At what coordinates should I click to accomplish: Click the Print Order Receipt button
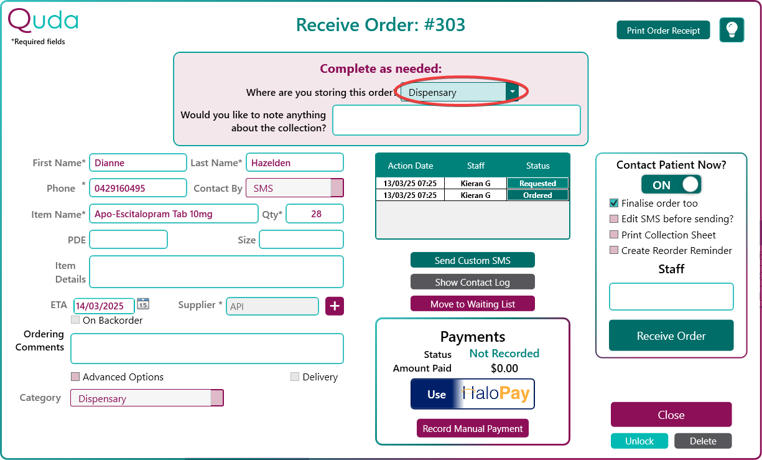pos(663,31)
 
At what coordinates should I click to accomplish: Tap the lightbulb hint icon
pos(732,30)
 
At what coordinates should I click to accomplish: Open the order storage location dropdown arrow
pos(512,92)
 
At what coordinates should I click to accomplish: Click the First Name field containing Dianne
pos(137,162)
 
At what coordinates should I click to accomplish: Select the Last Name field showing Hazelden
pos(295,162)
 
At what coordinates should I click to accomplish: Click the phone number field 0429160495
pos(137,188)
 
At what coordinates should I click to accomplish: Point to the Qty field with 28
pos(315,214)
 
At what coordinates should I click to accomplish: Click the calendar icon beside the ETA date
pos(143,304)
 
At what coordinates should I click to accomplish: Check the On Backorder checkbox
pos(75,320)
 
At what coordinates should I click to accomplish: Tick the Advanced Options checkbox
pos(75,377)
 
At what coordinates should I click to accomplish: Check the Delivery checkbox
pos(295,377)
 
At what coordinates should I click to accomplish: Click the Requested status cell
pos(537,183)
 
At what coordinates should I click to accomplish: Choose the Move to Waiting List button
pos(473,304)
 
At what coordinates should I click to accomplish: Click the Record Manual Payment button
pos(473,428)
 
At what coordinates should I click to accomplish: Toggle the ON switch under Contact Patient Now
pos(671,184)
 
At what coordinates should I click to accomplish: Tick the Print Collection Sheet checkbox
pos(614,235)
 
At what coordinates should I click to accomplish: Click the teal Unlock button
pos(639,441)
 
